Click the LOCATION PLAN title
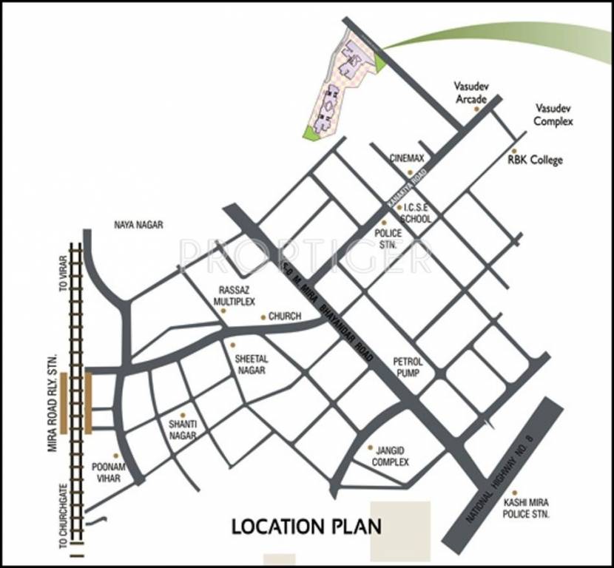click(306, 527)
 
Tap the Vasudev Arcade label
click(470, 92)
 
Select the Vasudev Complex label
click(553, 115)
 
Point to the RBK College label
click(535, 160)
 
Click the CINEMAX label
click(407, 158)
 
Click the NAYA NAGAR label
click(138, 224)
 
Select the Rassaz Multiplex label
click(234, 297)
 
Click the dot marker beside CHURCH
click(263, 317)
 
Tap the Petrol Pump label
click(408, 367)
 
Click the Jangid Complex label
click(391, 456)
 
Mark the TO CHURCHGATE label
click(64, 522)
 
